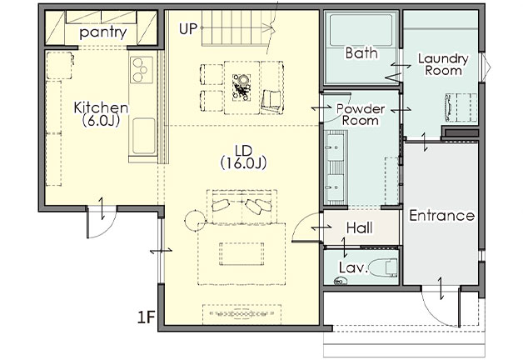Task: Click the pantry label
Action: tap(103, 32)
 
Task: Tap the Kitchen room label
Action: tap(101, 107)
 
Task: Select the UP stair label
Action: tap(188, 29)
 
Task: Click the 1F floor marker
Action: tap(147, 317)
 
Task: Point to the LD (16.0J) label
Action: tap(243, 157)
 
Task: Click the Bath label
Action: tap(361, 53)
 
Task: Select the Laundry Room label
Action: tap(443, 64)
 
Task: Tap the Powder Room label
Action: tap(361, 114)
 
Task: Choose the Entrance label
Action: tap(442, 216)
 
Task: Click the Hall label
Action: tap(360, 228)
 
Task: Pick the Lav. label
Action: tap(354, 267)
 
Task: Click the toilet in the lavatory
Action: tap(384, 267)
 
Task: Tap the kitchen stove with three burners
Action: tap(142, 70)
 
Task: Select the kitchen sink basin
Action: tap(144, 136)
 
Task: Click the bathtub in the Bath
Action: tap(361, 30)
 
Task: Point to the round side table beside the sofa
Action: tap(195, 220)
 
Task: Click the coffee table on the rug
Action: tap(242, 254)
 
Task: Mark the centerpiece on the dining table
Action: tap(242, 87)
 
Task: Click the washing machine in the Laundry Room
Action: tap(461, 107)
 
